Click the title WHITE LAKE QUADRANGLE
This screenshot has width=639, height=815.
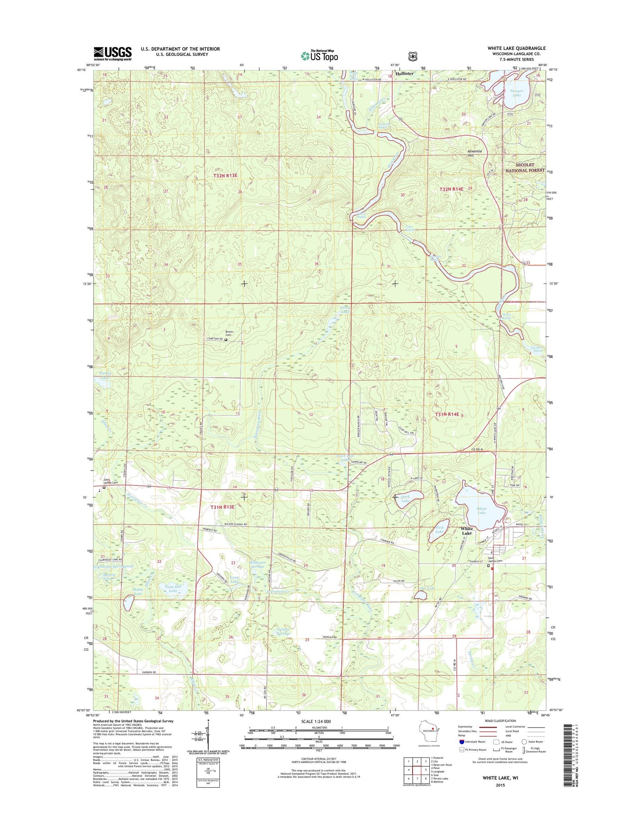(x=516, y=48)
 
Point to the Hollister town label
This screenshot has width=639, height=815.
(x=404, y=74)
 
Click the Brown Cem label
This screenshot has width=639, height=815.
(x=229, y=333)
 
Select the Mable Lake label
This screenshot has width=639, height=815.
(x=138, y=591)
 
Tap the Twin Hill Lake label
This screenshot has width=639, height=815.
(x=173, y=589)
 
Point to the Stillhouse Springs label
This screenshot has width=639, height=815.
(x=257, y=564)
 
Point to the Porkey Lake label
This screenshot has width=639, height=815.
(x=105, y=375)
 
